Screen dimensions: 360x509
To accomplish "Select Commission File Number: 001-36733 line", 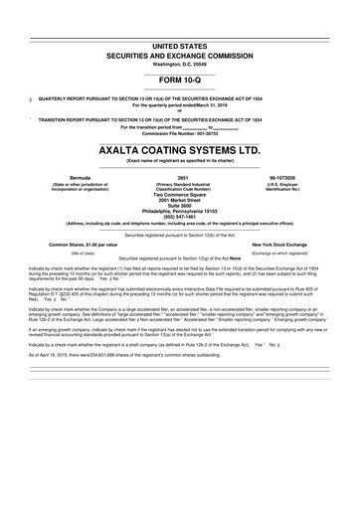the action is pos(179,132).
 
